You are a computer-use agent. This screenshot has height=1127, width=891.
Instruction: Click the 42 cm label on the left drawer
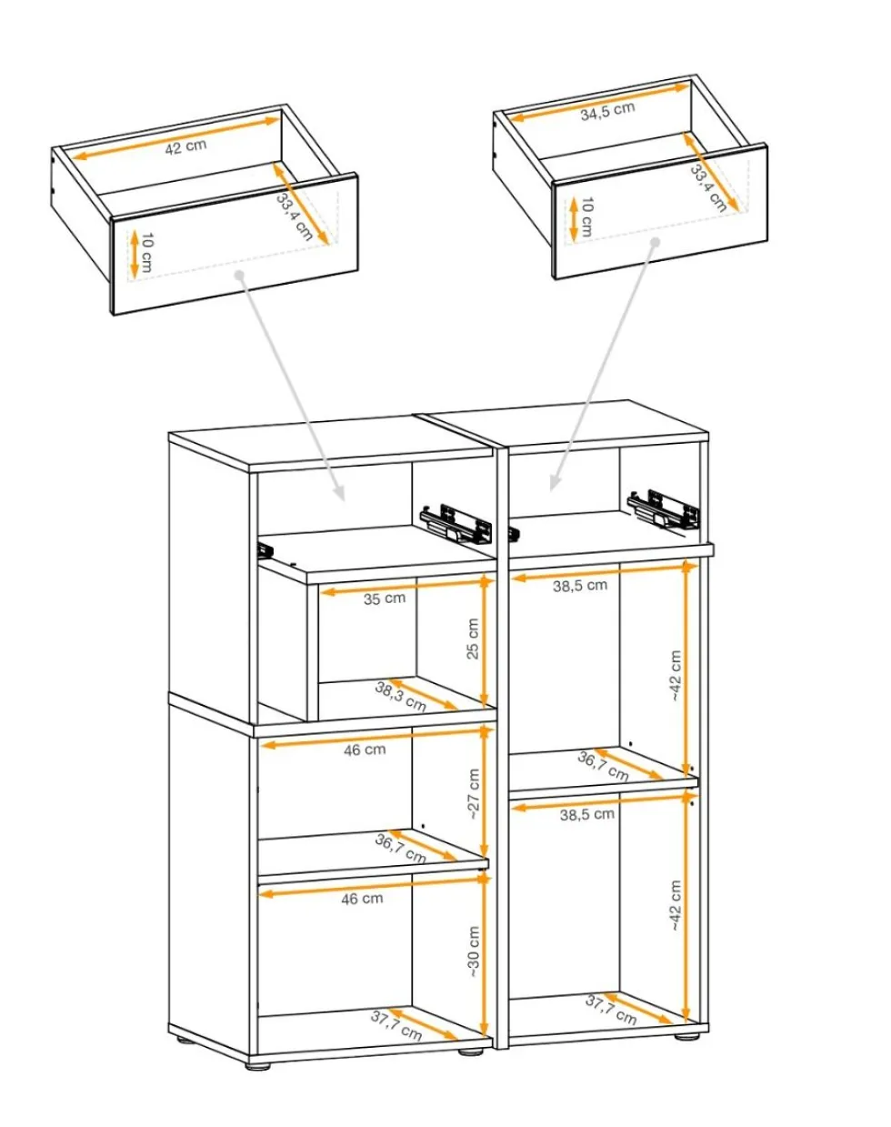point(185,146)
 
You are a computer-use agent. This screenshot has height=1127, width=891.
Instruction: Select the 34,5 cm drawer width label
point(607,111)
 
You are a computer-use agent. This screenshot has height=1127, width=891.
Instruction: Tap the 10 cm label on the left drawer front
point(147,254)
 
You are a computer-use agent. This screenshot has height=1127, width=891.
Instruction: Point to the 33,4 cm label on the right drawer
point(708,187)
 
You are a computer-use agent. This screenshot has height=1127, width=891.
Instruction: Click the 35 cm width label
point(385,598)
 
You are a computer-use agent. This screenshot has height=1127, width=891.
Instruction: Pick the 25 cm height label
point(472,639)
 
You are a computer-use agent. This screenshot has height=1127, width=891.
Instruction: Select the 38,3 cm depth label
point(400,697)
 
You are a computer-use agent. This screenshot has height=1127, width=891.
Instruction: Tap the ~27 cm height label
point(474,794)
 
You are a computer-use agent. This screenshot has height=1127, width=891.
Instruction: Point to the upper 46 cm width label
point(365,750)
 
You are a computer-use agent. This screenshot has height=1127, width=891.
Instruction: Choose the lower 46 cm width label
point(362,899)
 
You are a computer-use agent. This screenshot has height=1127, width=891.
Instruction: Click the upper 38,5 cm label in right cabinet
point(580,586)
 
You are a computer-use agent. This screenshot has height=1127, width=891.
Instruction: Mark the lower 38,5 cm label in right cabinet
point(586,814)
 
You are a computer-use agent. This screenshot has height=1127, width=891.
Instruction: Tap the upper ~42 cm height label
point(676,676)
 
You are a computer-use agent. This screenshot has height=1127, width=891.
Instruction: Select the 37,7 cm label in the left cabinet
point(396,1025)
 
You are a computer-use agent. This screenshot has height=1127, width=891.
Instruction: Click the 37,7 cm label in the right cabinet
point(611,1011)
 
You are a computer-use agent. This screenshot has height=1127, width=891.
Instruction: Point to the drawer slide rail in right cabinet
point(664,508)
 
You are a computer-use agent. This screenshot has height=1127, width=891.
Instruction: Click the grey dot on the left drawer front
point(239,275)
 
